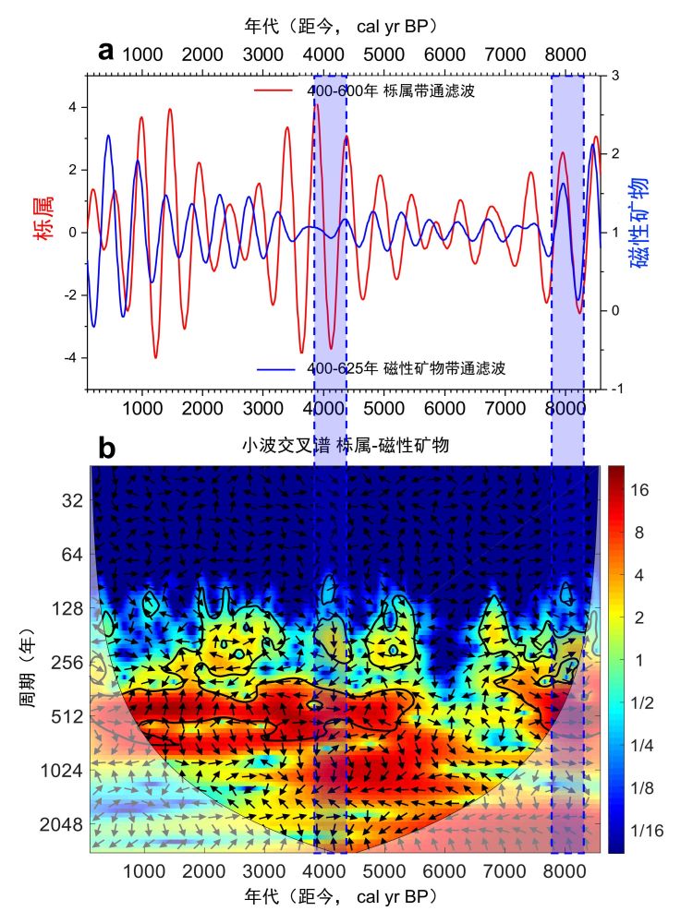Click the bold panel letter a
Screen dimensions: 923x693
(x=106, y=52)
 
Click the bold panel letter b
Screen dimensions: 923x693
(x=107, y=448)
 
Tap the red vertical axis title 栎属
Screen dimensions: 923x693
(x=43, y=219)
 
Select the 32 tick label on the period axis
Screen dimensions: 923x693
(x=72, y=500)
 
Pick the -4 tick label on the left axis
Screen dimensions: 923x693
(x=71, y=358)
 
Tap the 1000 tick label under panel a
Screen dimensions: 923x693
(x=142, y=406)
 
